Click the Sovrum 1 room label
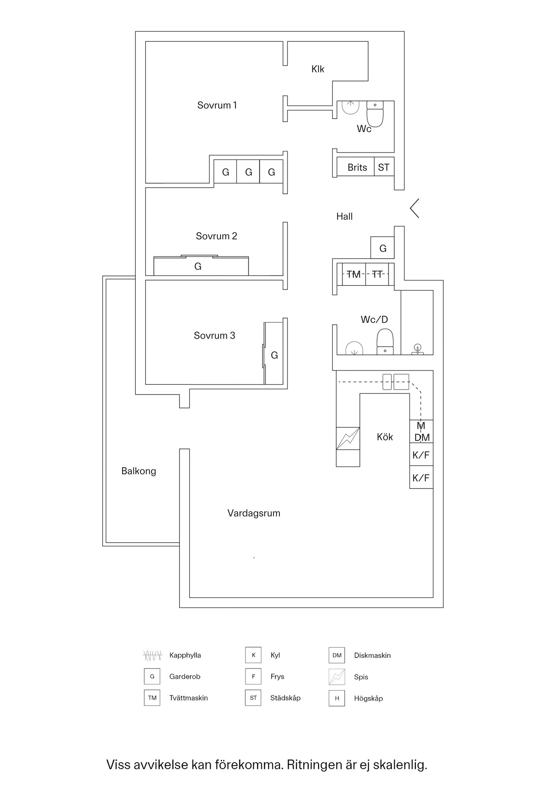click(x=217, y=105)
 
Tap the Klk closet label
click(x=318, y=69)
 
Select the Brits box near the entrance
click(x=357, y=167)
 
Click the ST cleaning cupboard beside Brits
click(x=384, y=167)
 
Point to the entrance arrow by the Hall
click(x=415, y=208)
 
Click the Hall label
click(x=344, y=217)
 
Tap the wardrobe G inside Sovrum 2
click(x=198, y=267)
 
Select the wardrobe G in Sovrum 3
click(x=274, y=355)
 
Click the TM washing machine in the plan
click(x=353, y=274)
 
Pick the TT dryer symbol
click(x=377, y=274)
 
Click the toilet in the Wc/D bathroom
click(x=385, y=342)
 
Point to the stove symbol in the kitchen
click(x=348, y=439)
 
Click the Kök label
click(x=385, y=437)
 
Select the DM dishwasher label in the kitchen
click(x=422, y=438)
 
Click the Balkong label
click(x=139, y=471)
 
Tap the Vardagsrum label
click(x=254, y=513)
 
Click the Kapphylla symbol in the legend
click(x=153, y=655)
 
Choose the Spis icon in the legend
click(x=337, y=677)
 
